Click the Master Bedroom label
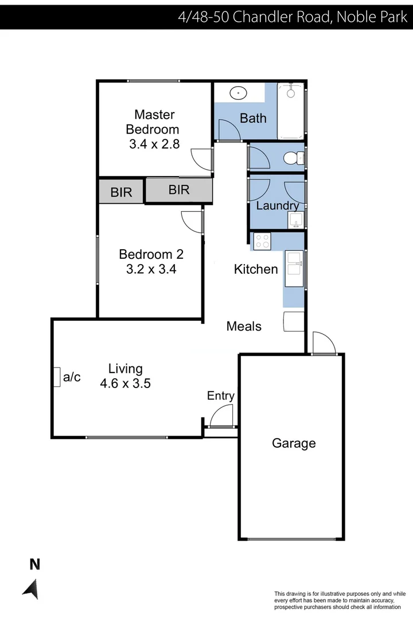click(x=154, y=122)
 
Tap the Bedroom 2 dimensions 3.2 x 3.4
click(x=151, y=268)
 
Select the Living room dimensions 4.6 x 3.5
click(x=125, y=383)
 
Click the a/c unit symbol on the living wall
click(x=57, y=377)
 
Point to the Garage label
click(x=294, y=443)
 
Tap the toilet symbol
click(x=293, y=157)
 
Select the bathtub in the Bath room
click(x=292, y=111)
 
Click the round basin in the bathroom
click(x=237, y=92)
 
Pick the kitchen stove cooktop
click(x=262, y=242)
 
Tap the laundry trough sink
click(x=296, y=220)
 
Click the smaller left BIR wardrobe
click(x=121, y=192)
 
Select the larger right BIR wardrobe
click(x=179, y=190)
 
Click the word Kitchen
click(x=256, y=269)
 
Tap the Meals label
click(x=244, y=326)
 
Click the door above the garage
click(x=324, y=344)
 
